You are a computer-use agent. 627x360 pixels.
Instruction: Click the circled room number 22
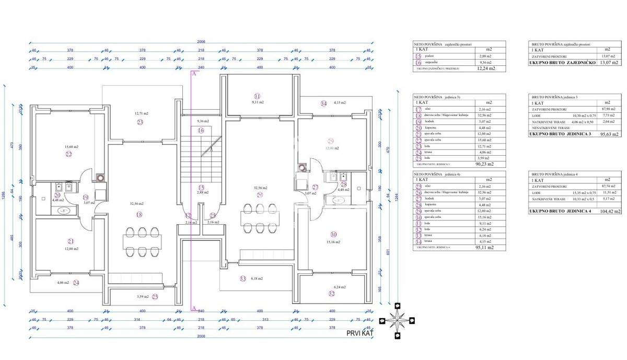(x=68, y=154)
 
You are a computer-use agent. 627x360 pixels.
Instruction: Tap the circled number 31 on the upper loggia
(x=257, y=96)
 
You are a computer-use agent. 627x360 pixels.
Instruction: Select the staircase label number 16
(x=201, y=131)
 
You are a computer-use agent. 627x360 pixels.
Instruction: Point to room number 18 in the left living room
(x=138, y=214)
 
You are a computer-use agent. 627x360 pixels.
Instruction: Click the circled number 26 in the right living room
(x=260, y=195)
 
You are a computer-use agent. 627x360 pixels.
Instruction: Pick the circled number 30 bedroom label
(x=334, y=235)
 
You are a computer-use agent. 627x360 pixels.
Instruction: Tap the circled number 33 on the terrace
(x=242, y=278)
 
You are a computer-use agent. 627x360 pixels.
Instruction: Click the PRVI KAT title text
(x=361, y=333)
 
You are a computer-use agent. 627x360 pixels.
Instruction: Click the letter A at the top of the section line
(x=194, y=75)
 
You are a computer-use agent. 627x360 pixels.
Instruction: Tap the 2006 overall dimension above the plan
(x=201, y=41)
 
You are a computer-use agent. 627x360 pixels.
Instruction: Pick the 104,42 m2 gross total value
(x=610, y=212)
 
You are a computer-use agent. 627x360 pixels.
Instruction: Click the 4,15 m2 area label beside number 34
(x=340, y=103)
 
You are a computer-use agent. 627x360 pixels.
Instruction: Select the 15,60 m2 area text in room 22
(x=68, y=147)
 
